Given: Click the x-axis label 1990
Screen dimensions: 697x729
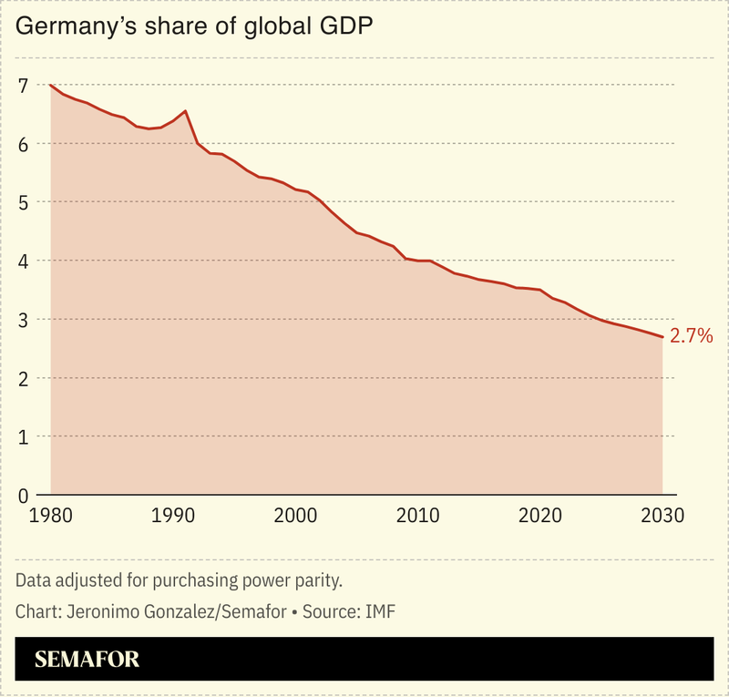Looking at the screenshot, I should pos(172,516).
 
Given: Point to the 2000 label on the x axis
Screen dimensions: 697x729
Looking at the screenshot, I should pos(295,516).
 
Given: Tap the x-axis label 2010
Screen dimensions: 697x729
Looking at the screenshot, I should pos(417,516).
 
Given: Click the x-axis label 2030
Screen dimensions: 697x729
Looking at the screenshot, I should pos(662,516).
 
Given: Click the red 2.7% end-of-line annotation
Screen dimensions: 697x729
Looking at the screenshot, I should pos(691,336).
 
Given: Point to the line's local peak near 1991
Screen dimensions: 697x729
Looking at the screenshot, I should pos(186,111).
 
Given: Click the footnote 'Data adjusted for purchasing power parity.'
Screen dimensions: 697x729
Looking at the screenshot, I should pos(179,580).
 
